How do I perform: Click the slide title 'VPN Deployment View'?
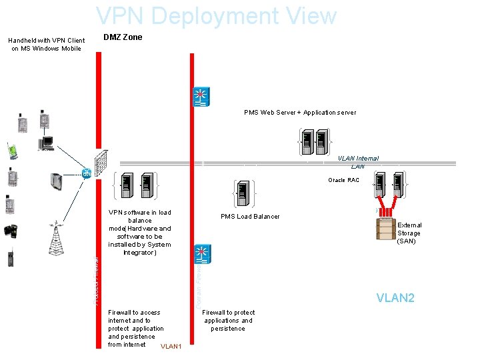(x=216, y=16)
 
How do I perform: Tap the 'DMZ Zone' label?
(x=123, y=37)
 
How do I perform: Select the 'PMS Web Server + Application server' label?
(x=299, y=113)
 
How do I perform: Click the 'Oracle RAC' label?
(x=343, y=180)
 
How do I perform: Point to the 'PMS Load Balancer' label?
(x=250, y=216)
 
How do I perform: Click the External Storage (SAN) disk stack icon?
(x=386, y=229)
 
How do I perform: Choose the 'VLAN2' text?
(x=395, y=298)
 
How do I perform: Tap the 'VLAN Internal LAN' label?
(x=357, y=162)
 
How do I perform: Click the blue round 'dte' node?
(x=87, y=174)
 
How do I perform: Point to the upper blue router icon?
(x=201, y=97)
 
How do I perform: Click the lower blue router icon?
(x=201, y=254)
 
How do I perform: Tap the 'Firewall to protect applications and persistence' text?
(x=228, y=321)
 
